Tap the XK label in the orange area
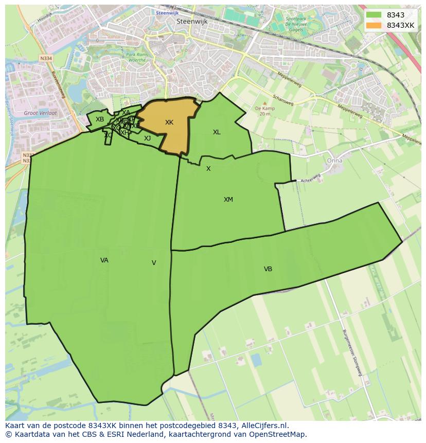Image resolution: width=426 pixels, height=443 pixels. point(169,122)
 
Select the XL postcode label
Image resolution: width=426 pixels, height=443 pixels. point(217,132)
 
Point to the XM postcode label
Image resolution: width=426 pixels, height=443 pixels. point(228,200)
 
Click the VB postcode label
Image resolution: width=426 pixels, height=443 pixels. point(268,269)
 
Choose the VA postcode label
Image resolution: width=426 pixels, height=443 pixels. point(104,260)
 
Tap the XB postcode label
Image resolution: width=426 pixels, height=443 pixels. point(100,119)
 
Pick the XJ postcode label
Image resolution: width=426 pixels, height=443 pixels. point(148,138)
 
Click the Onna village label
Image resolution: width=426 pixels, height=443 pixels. point(334,161)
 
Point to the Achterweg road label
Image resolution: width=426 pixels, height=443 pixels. point(310,178)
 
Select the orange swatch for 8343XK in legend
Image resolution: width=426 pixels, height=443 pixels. point(374,25)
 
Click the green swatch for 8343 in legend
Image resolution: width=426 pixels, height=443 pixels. point(374,15)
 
